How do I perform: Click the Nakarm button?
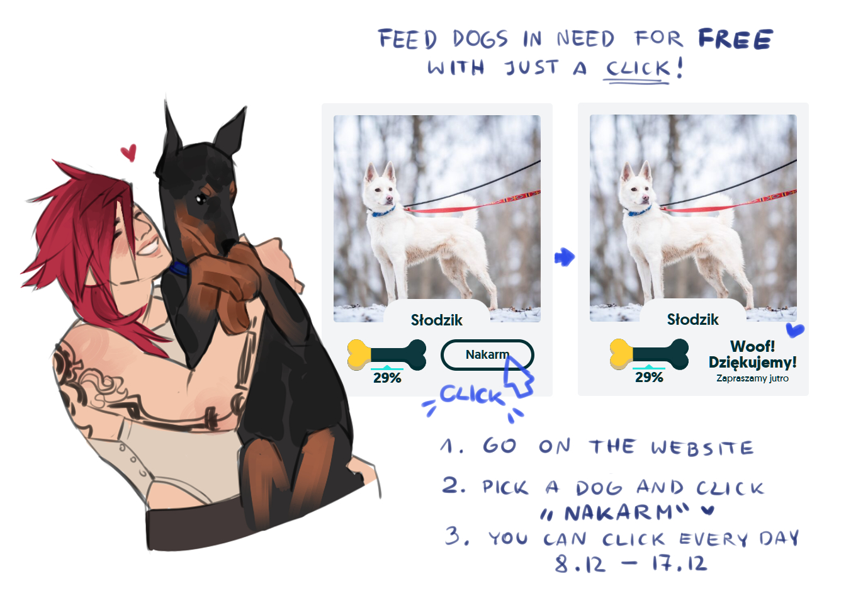pyautogui.click(x=487, y=354)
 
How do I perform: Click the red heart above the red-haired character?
pyautogui.click(x=128, y=152)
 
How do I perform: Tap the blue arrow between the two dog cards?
pyautogui.click(x=565, y=257)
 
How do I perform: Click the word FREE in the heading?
pyautogui.click(x=735, y=39)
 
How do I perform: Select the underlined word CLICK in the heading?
pyautogui.click(x=638, y=69)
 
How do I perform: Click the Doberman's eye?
pyautogui.click(x=201, y=199)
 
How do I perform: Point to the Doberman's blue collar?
pyautogui.click(x=179, y=268)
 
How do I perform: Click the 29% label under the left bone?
pyautogui.click(x=387, y=378)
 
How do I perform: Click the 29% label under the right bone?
pyautogui.click(x=649, y=377)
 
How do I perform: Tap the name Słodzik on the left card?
pyautogui.click(x=436, y=320)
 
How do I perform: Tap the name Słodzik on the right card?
pyautogui.click(x=692, y=319)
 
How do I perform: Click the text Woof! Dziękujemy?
pyautogui.click(x=752, y=354)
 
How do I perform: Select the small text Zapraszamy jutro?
pyautogui.click(x=752, y=378)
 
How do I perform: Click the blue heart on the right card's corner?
pyautogui.click(x=794, y=330)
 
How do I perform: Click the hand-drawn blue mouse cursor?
pyautogui.click(x=518, y=376)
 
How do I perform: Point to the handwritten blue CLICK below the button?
pyautogui.click(x=472, y=395)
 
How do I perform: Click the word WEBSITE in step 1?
pyautogui.click(x=702, y=448)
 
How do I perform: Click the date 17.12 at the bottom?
pyautogui.click(x=680, y=563)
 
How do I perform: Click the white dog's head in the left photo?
pyautogui.click(x=379, y=186)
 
